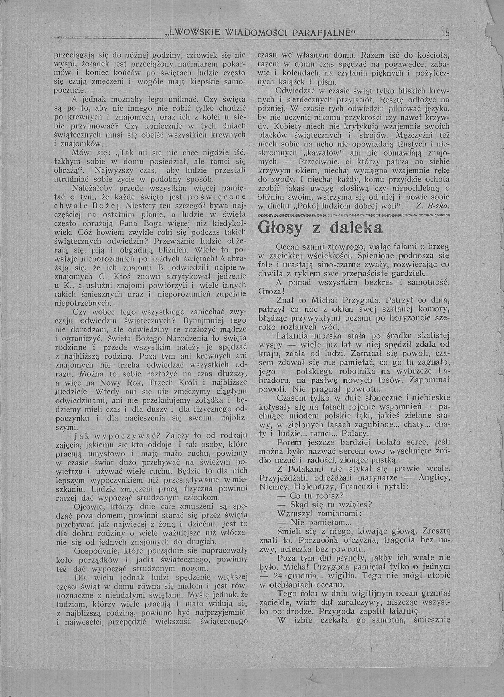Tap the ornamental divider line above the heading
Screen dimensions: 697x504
[x=354, y=215]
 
